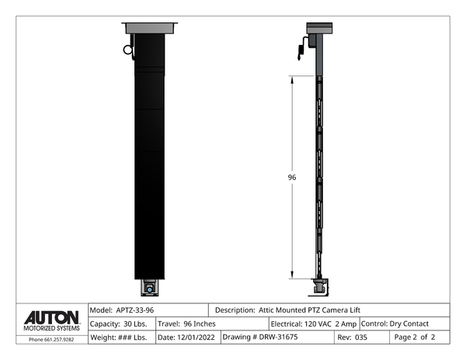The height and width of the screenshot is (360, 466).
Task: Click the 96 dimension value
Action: click(x=292, y=178)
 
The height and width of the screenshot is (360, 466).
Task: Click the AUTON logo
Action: click(x=52, y=318)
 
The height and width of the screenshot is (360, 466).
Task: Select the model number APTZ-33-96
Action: click(x=135, y=310)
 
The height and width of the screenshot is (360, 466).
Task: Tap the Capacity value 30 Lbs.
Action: click(x=135, y=324)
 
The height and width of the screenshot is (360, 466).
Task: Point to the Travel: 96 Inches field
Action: click(x=186, y=324)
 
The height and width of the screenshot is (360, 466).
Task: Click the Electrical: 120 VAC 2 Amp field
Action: click(x=314, y=324)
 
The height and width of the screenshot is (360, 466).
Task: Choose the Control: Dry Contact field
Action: click(x=395, y=324)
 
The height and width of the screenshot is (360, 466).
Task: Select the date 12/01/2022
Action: click(x=196, y=337)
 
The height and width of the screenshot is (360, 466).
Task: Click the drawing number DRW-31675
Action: click(x=278, y=337)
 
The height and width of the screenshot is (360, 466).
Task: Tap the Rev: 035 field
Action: click(x=352, y=337)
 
